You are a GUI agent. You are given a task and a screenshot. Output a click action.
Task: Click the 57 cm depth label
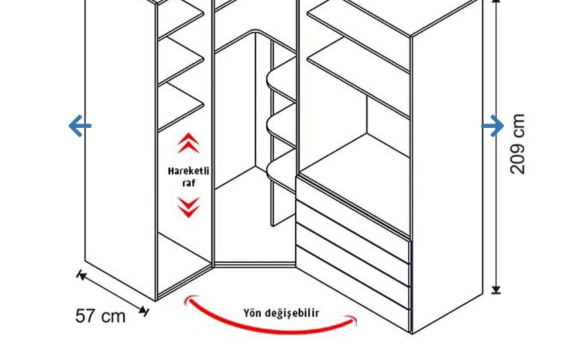(100, 316)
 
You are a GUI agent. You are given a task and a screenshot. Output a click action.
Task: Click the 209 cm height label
(518, 144)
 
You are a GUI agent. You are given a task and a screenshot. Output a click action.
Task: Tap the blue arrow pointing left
(80, 126)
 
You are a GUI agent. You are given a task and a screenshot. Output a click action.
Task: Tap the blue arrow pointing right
(492, 126)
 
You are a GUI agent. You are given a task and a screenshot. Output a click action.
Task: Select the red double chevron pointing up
(189, 143)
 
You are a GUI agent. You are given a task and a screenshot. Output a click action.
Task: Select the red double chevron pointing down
(189, 207)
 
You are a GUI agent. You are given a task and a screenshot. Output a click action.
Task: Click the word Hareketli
(189, 171)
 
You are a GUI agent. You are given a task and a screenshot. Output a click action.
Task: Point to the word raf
(189, 183)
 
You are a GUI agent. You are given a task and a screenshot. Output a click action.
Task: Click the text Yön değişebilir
(281, 313)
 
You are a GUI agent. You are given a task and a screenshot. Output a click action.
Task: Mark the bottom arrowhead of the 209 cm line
(496, 290)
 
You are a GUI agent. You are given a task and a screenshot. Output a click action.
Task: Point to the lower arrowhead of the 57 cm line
(145, 311)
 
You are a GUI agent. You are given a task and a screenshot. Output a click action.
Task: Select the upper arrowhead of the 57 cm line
(81, 275)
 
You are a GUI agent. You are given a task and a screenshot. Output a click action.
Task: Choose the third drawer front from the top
(352, 266)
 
